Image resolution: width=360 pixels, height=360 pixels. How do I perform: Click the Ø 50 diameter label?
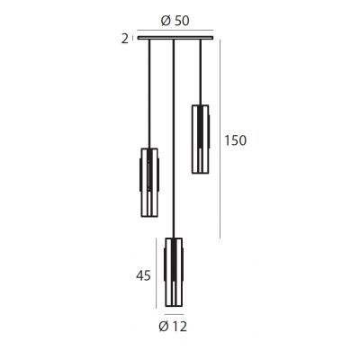point(176,22)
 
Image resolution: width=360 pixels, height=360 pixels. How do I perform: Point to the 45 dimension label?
point(143,276)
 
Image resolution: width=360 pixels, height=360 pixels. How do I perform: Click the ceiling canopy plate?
point(175,38)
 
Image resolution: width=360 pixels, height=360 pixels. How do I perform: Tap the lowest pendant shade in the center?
point(174,273)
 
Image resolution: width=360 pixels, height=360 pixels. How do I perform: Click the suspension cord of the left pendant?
point(149,90)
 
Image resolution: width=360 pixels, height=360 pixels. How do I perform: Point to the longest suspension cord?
point(173,135)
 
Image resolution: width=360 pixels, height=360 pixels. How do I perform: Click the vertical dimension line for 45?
point(158,273)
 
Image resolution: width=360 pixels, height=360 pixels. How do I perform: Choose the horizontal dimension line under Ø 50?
point(175,32)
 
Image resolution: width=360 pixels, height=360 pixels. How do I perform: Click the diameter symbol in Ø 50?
point(164,22)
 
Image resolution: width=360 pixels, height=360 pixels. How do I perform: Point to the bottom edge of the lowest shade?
point(174,307)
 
